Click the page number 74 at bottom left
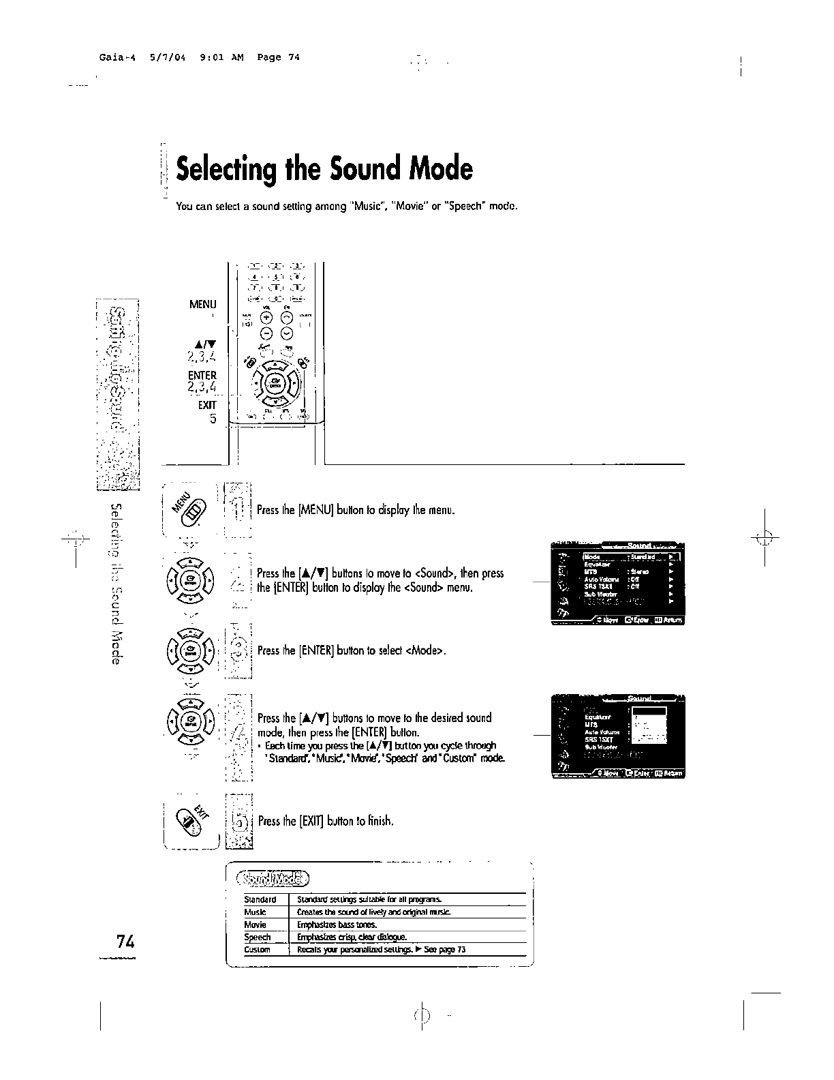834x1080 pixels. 125,942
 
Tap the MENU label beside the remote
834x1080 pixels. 202,305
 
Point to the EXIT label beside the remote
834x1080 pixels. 206,405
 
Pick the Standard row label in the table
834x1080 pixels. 260,899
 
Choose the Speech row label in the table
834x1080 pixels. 258,937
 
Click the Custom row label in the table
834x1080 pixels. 257,950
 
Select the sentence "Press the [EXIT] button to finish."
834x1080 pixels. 326,821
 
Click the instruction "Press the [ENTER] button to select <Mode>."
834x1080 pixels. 352,650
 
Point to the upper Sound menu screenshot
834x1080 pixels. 617,584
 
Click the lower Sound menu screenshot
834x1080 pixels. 617,736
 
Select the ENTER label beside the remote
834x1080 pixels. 202,376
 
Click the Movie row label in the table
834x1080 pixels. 256,925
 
